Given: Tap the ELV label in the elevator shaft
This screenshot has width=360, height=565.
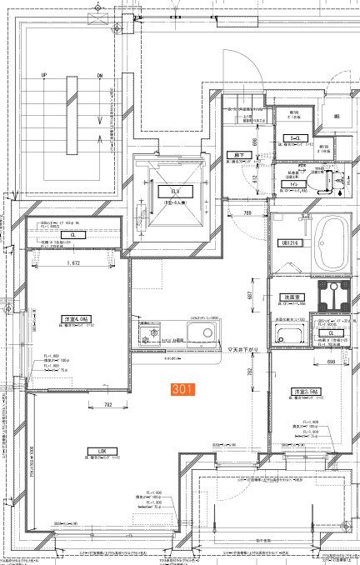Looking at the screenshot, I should click(164, 191).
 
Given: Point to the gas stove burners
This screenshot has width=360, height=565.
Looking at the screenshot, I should click(152, 336).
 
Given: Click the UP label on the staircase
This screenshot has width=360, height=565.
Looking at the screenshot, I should click(42, 76).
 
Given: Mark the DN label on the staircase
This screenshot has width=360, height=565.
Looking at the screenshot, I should click(99, 76).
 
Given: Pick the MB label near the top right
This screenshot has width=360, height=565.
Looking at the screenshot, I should click(336, 117).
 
